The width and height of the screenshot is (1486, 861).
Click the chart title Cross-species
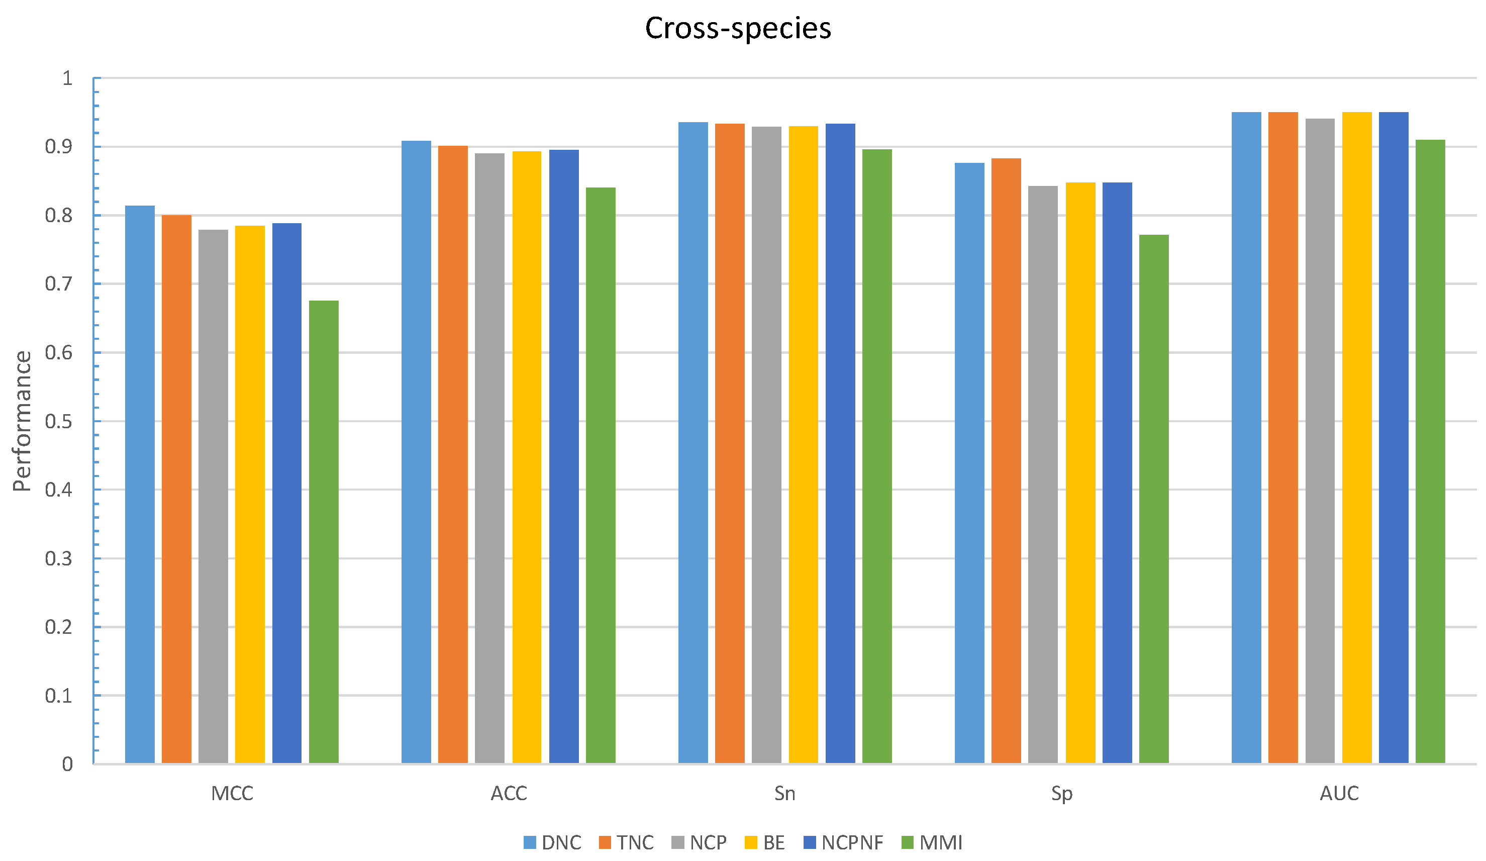pyautogui.click(x=738, y=28)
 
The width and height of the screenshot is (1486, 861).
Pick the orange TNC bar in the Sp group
pyautogui.click(x=1006, y=460)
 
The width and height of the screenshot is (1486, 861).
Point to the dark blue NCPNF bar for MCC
pyautogui.click(x=286, y=493)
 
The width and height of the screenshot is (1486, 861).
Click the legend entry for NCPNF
pyautogui.click(x=843, y=843)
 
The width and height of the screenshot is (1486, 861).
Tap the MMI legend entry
pyautogui.click(x=932, y=843)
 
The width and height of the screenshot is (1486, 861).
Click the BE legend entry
pyautogui.click(x=765, y=843)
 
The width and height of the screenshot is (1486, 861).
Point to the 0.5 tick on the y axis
pyautogui.click(x=59, y=422)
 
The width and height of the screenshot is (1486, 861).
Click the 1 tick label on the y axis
pyautogui.click(x=67, y=78)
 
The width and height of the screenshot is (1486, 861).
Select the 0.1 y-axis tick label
pyautogui.click(x=59, y=696)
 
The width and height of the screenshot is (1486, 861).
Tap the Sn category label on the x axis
pyautogui.click(x=785, y=794)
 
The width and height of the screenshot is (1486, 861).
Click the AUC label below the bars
pyautogui.click(x=1339, y=794)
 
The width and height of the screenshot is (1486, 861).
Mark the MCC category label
pyautogui.click(x=232, y=794)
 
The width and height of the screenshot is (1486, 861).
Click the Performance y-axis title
pyautogui.click(x=23, y=421)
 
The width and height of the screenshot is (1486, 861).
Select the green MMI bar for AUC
pyautogui.click(x=1430, y=452)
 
